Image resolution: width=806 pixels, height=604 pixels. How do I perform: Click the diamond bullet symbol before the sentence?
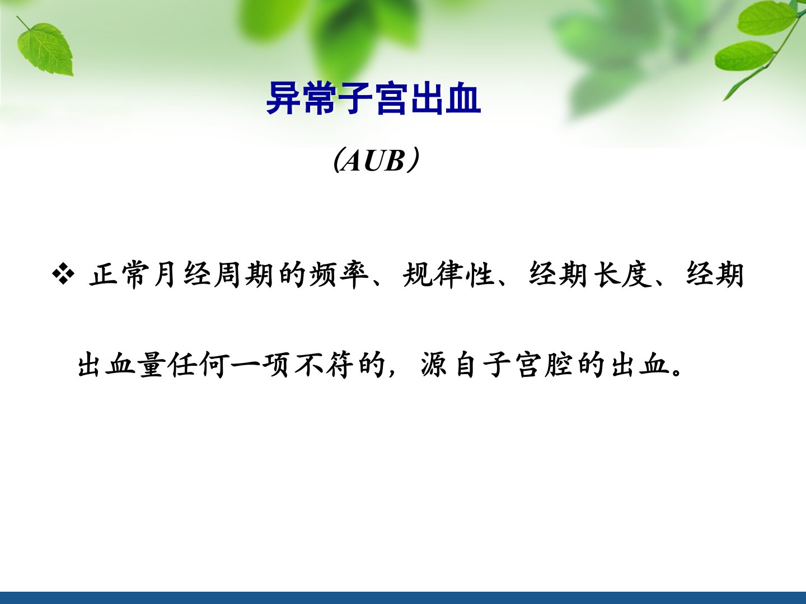(63, 274)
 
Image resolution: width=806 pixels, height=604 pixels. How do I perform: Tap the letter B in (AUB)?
(395, 161)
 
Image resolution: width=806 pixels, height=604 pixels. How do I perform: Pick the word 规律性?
(448, 274)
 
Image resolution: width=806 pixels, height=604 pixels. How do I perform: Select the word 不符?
(322, 365)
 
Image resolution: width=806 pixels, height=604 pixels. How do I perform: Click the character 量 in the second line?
(152, 365)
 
